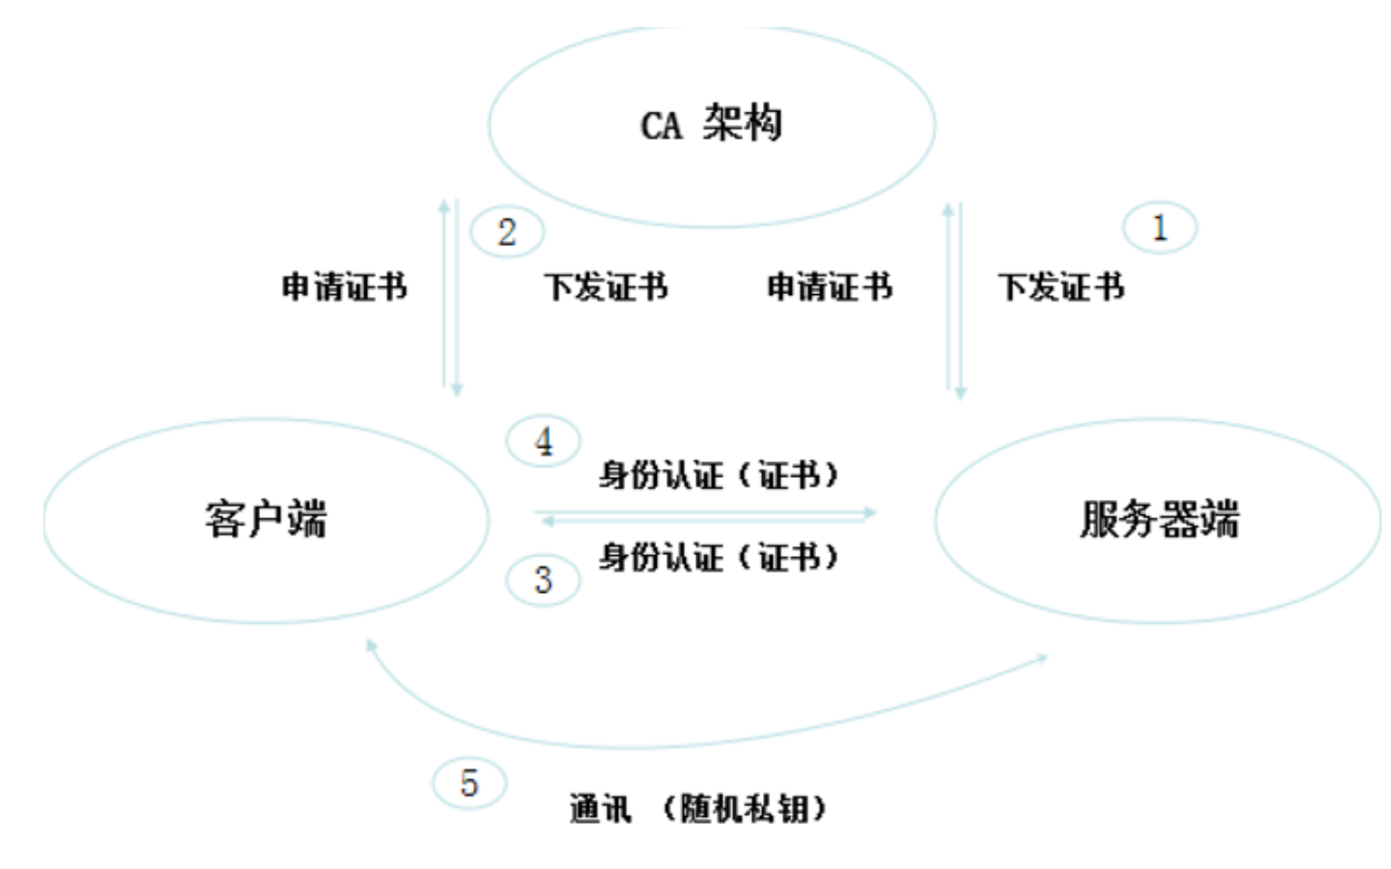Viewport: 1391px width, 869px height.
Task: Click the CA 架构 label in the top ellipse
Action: point(711,123)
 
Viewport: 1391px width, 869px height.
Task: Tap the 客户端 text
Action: point(265,519)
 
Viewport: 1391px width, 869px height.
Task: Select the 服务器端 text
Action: point(1159,519)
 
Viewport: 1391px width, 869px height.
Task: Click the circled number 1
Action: point(1159,228)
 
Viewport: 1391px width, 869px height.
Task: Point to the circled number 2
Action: point(507,232)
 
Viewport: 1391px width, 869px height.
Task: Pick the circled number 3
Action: point(543,579)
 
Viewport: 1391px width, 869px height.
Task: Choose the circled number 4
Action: point(543,441)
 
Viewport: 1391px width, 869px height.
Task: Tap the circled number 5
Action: point(469,783)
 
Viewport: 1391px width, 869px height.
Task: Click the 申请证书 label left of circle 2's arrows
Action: point(344,287)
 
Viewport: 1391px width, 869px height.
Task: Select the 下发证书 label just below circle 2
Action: point(606,287)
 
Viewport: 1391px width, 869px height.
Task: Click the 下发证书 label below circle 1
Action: point(1061,287)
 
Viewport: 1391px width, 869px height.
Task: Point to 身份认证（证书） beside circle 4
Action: point(718,474)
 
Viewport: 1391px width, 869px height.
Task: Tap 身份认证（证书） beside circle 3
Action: point(718,558)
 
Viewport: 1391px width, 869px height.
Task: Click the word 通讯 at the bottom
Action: point(599,808)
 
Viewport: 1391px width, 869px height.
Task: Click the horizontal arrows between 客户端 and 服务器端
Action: point(706,516)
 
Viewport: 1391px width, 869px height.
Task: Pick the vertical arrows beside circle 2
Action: point(451,297)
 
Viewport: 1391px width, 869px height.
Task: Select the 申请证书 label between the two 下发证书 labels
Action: point(830,287)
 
